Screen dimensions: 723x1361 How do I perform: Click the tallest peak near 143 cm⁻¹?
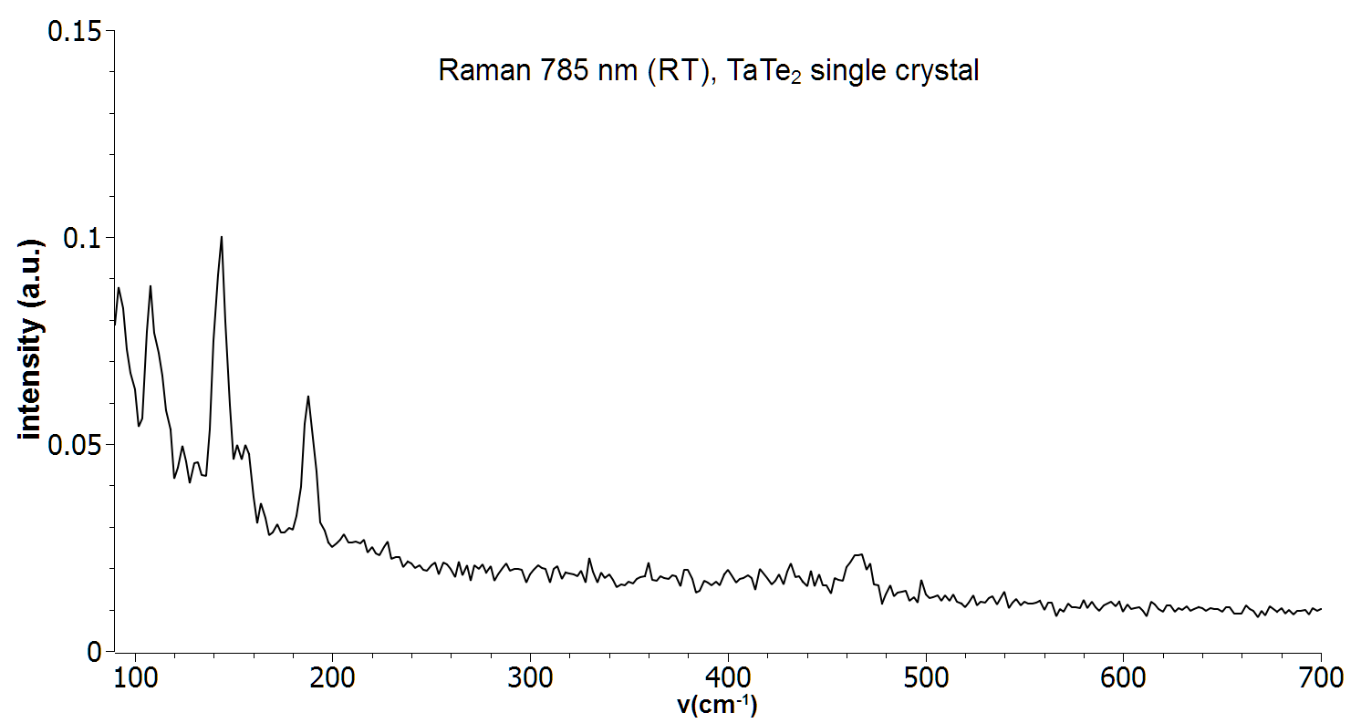click(222, 237)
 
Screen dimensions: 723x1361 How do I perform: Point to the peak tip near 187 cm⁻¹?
click(308, 396)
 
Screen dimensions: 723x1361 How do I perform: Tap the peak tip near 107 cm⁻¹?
click(151, 286)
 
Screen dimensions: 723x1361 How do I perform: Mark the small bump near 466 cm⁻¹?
click(857, 554)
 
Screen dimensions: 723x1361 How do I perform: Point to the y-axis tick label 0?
click(95, 651)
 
